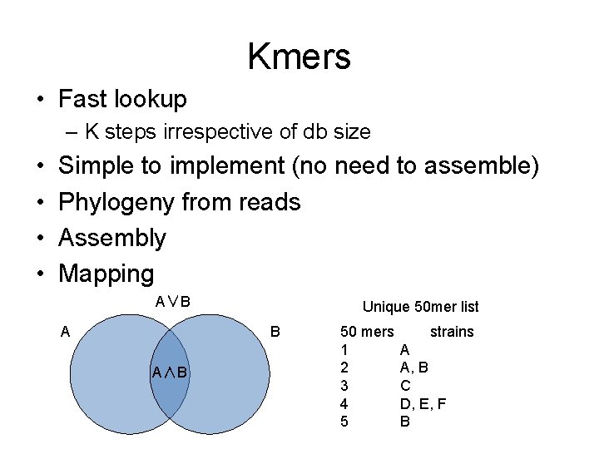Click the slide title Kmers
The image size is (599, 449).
[299, 57]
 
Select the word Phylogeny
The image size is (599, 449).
[116, 202]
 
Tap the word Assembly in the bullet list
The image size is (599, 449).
[112, 238]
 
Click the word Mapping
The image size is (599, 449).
[106, 274]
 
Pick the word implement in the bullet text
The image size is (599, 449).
[227, 166]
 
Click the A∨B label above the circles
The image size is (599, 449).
[173, 300]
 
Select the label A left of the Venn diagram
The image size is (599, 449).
[65, 332]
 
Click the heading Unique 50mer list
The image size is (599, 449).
[420, 307]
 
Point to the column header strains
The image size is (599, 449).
[452, 332]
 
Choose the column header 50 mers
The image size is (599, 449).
[368, 332]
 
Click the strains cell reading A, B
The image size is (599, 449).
[414, 367]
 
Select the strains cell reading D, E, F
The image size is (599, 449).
[423, 403]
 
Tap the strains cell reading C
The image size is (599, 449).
[404, 385]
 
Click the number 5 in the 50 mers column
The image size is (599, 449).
[345, 422]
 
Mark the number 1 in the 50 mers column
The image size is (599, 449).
[345, 349]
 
